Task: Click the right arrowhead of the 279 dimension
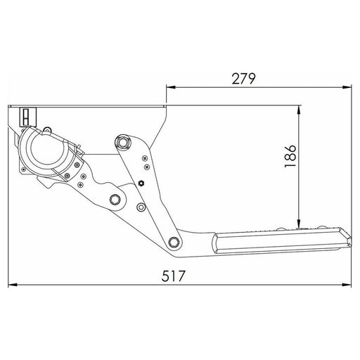click(349, 89)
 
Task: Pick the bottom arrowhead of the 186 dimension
click(302, 224)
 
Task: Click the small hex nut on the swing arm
click(140, 184)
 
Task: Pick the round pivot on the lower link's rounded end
click(115, 200)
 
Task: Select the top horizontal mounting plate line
click(91, 106)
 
